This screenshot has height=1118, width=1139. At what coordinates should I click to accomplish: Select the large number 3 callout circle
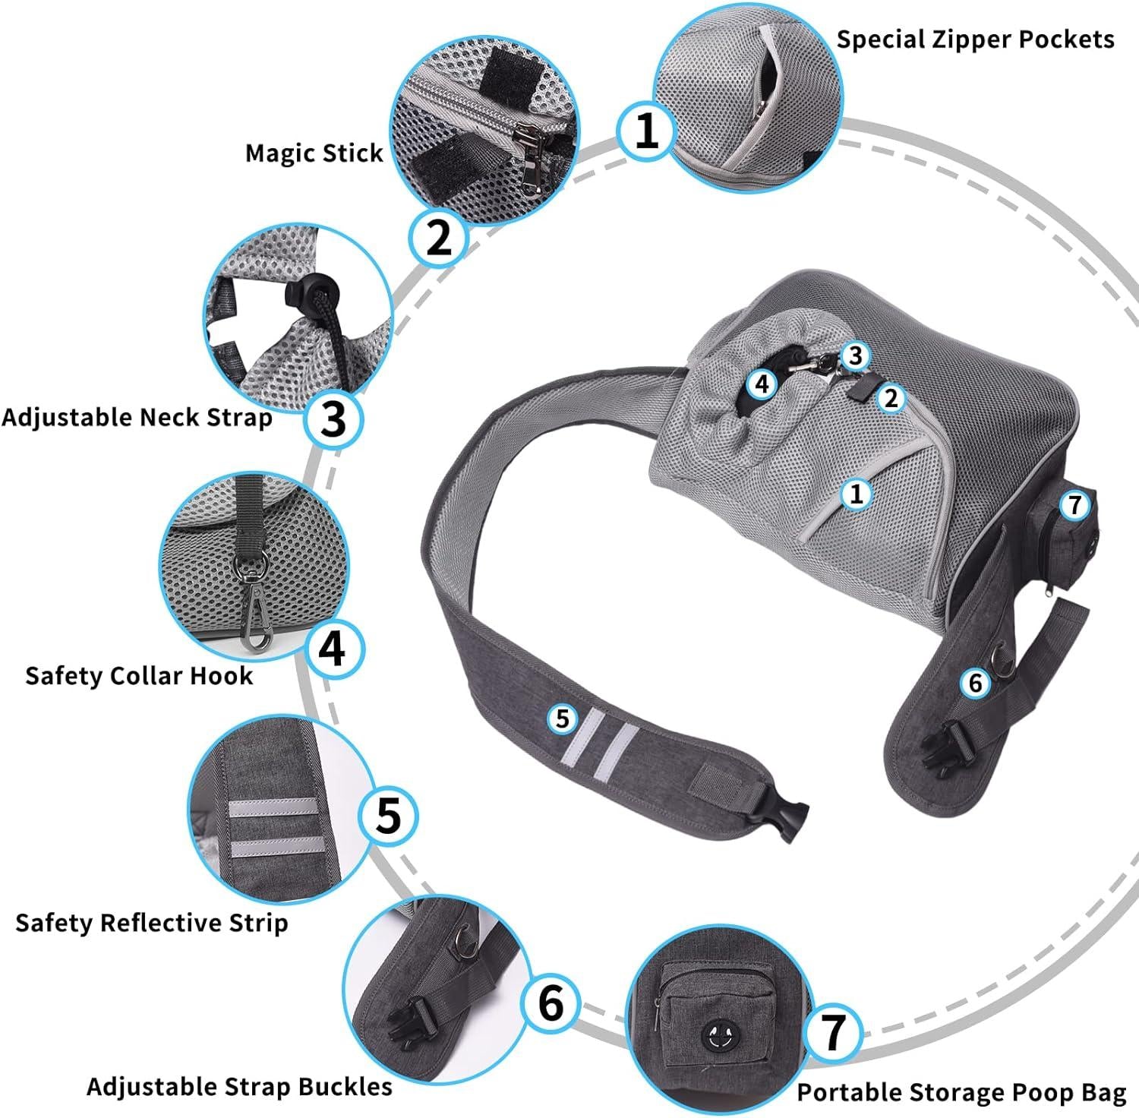333,419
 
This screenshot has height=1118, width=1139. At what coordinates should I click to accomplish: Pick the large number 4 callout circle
335,650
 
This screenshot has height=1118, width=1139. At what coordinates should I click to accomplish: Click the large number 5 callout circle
388,816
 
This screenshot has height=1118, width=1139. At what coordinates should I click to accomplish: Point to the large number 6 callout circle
551,1002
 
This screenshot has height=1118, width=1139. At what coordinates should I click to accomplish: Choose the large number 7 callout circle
834,1031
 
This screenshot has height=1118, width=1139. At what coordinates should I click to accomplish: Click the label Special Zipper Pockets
975,39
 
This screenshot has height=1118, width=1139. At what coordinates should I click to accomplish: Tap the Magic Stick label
314,153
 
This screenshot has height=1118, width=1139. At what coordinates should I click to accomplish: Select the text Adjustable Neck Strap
137,417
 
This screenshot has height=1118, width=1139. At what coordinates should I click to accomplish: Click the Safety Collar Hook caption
139,675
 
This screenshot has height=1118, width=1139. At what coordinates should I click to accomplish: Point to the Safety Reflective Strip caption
151,923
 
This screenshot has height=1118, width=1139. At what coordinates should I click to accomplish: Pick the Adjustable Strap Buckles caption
239,1086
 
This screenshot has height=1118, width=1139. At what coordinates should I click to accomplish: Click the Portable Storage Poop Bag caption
961,1092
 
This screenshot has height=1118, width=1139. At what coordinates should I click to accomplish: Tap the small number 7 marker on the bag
1074,505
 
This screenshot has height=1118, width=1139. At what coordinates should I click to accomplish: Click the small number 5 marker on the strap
562,718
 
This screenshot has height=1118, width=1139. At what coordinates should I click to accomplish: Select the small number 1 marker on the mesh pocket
857,494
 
